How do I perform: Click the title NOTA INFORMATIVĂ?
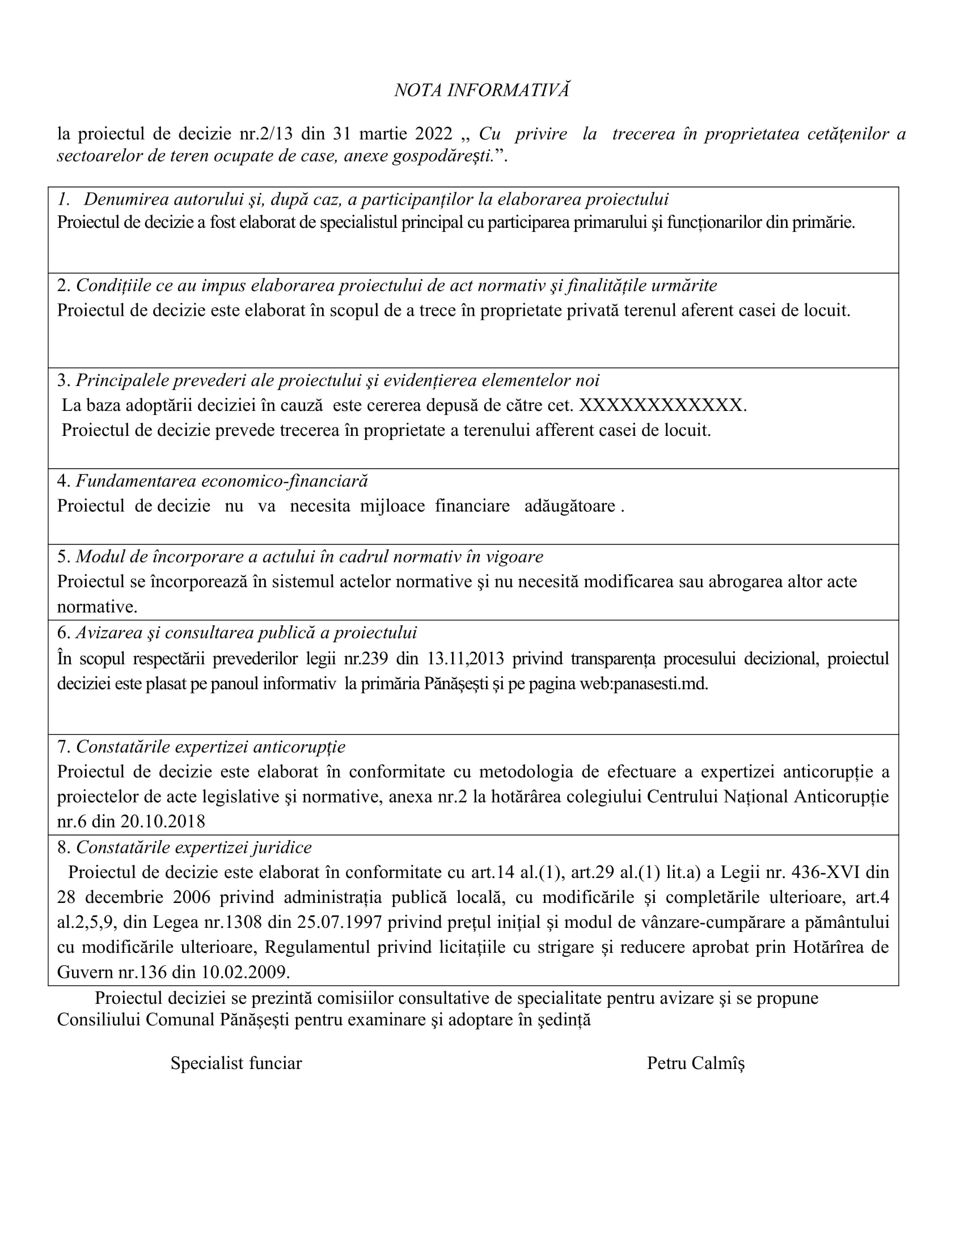[481, 90]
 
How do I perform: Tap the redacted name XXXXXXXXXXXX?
[662, 405]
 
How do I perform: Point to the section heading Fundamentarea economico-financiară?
[222, 481]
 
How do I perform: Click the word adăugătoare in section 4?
[569, 506]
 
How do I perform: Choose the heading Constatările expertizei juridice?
[193, 847]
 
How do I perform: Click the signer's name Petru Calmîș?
[696, 1063]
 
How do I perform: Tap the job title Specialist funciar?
[236, 1063]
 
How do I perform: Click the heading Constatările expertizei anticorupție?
[210, 746]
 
